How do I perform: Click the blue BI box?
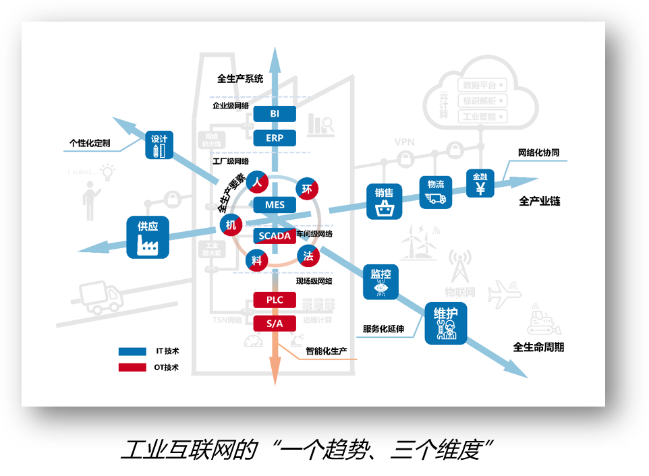pyautogui.click(x=275, y=114)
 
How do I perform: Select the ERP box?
pyautogui.click(x=275, y=138)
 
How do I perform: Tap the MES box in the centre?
pyautogui.click(x=275, y=205)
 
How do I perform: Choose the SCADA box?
pyautogui.click(x=275, y=236)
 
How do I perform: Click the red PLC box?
pyautogui.click(x=275, y=299)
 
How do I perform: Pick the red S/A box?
pyautogui.click(x=275, y=324)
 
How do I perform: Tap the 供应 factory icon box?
pyautogui.click(x=148, y=237)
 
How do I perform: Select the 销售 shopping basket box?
pyautogui.click(x=384, y=201)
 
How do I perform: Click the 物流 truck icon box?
pyautogui.click(x=436, y=192)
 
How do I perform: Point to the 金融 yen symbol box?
pyautogui.click(x=480, y=183)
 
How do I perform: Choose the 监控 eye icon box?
pyautogui.click(x=381, y=281)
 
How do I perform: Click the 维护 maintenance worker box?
pyautogui.click(x=446, y=323)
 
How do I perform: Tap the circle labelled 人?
pyautogui.click(x=257, y=182)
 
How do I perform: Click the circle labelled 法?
pyautogui.click(x=308, y=256)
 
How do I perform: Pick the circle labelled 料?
pyautogui.click(x=256, y=260)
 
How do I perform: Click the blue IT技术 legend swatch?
pyautogui.click(x=132, y=351)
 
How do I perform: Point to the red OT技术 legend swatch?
pyautogui.click(x=132, y=367)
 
